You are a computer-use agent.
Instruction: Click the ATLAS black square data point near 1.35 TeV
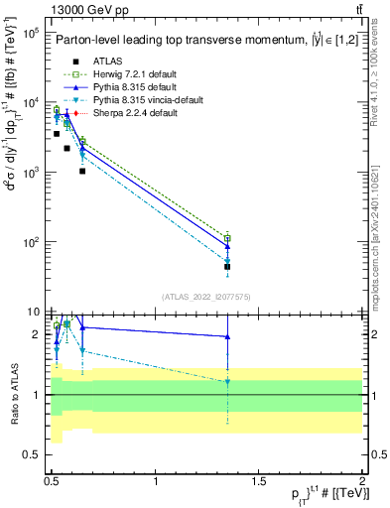227,267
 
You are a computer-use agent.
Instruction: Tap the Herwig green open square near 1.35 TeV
227,238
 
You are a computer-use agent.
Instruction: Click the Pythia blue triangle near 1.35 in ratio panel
227,336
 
